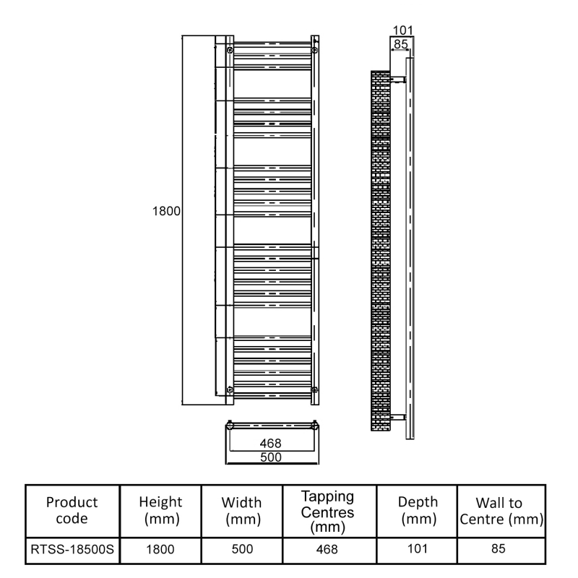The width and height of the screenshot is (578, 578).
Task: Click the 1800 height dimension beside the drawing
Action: click(165, 213)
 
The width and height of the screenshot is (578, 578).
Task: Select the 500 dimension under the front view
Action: click(270, 457)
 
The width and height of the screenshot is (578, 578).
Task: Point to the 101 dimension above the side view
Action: click(401, 31)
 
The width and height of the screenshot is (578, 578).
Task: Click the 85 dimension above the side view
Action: click(400, 44)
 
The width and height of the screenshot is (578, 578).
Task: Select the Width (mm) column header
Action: click(242, 510)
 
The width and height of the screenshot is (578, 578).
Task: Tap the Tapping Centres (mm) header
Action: click(327, 510)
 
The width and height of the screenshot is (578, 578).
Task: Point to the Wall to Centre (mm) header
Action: click(501, 510)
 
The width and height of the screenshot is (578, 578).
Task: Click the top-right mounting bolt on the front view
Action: click(313, 50)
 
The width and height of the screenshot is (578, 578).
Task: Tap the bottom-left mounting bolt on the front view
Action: click(229, 390)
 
